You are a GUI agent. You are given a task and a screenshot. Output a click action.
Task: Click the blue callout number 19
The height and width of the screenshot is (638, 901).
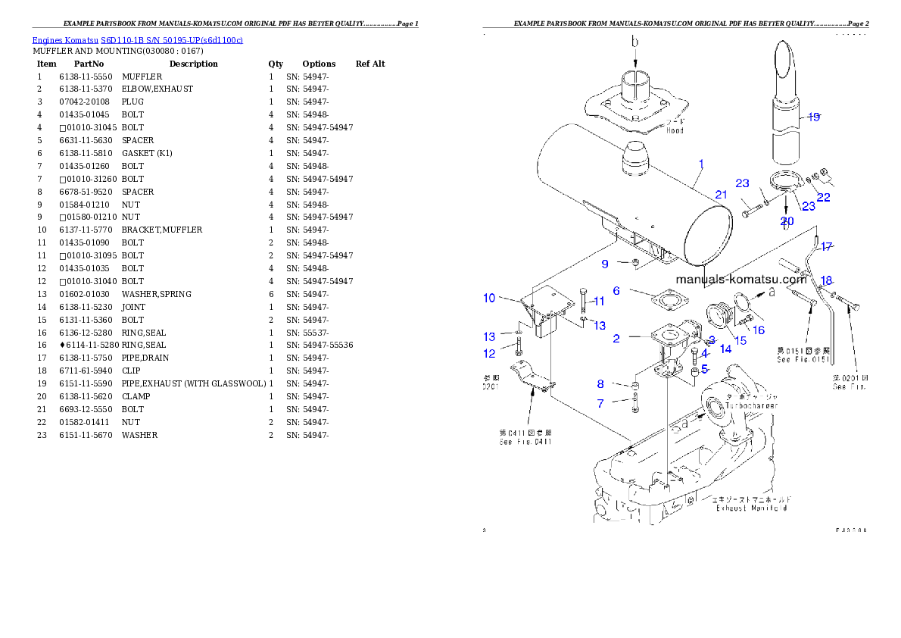[x=813, y=117]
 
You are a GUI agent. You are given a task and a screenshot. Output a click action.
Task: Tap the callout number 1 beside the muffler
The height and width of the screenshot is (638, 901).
[x=701, y=164]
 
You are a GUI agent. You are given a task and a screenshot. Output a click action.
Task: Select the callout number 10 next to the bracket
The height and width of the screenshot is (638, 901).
[x=489, y=298]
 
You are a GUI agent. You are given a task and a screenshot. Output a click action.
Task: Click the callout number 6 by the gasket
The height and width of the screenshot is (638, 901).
[x=616, y=291]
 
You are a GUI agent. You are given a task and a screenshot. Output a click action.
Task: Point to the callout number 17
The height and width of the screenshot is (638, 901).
[x=826, y=246]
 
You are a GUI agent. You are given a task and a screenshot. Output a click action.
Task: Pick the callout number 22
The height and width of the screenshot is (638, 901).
[x=823, y=198]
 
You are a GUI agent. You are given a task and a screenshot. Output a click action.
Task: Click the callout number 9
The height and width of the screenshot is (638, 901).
[x=605, y=264]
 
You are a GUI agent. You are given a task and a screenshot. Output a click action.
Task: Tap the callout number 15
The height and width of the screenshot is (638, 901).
[x=740, y=341]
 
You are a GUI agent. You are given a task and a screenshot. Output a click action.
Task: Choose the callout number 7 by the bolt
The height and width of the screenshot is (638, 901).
[x=600, y=404]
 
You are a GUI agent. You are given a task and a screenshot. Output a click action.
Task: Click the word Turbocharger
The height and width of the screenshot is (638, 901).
[x=751, y=405]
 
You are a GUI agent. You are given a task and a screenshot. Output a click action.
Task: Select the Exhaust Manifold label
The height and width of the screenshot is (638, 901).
[x=751, y=508]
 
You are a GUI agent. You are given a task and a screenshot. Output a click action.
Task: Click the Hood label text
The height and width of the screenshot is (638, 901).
[x=675, y=130]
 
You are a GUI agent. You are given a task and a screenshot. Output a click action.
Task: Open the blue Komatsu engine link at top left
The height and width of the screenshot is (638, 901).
[x=137, y=39]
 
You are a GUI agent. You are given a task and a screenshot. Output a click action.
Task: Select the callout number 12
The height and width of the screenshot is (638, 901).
[x=489, y=353]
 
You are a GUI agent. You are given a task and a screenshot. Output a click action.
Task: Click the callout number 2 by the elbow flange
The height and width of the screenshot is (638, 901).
[x=616, y=339]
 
